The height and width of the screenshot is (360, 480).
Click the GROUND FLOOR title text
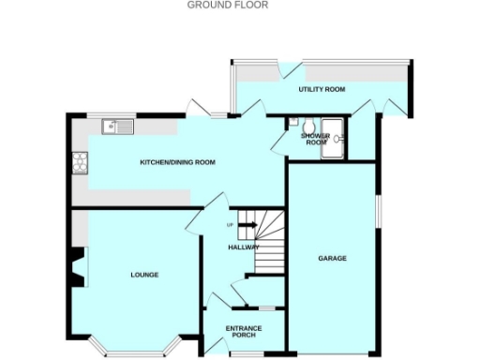point(228,5)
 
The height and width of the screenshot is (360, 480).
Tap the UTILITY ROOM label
point(322,89)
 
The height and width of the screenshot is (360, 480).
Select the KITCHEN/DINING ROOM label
point(177,162)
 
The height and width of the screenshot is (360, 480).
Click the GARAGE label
point(332,258)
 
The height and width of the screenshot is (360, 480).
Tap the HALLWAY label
point(244,247)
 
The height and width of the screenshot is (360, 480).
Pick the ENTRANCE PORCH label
point(245,332)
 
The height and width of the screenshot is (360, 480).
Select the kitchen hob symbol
point(80,163)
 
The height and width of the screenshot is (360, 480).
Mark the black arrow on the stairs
point(248,224)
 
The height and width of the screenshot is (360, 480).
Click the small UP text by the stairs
point(230,225)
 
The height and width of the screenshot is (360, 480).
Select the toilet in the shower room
point(294,121)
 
